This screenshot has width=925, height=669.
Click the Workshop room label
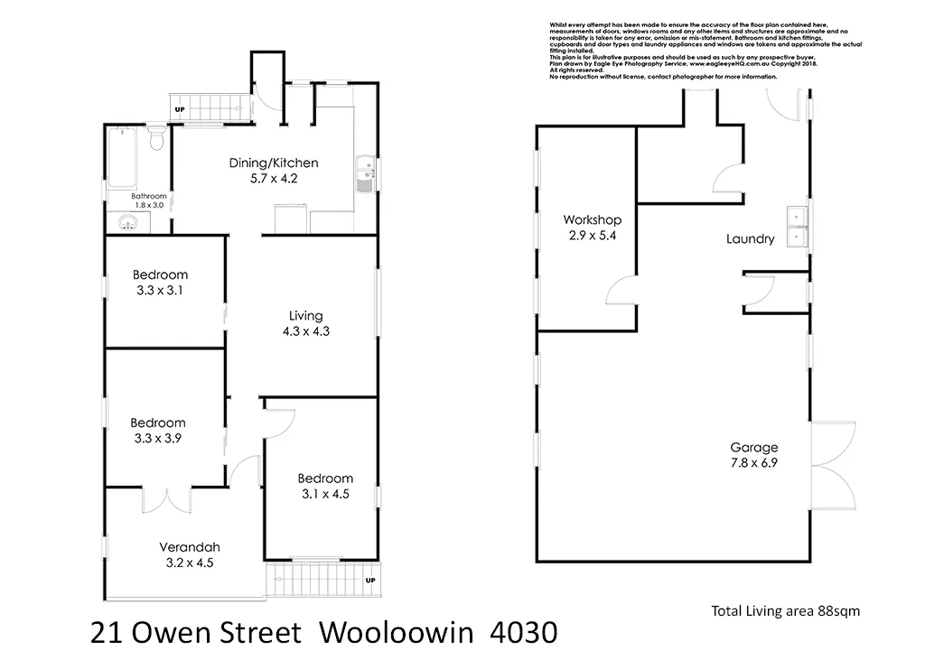pyautogui.click(x=592, y=219)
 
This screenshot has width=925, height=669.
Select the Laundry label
pyautogui.click(x=750, y=239)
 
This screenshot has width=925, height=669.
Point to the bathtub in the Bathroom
pyautogui.click(x=126, y=157)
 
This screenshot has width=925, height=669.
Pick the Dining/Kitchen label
pyautogui.click(x=274, y=163)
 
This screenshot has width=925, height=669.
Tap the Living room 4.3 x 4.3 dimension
pyautogui.click(x=305, y=331)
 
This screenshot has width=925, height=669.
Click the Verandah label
pyautogui.click(x=190, y=546)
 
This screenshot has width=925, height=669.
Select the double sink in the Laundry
pyautogui.click(x=798, y=226)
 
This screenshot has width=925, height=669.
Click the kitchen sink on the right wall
pyautogui.click(x=365, y=174)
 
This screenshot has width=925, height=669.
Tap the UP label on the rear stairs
pyautogui.click(x=179, y=110)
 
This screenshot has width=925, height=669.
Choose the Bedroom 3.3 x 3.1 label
pyautogui.click(x=160, y=274)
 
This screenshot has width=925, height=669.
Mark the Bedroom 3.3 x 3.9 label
pyautogui.click(x=158, y=423)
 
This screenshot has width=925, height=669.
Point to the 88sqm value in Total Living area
pyautogui.click(x=840, y=611)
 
